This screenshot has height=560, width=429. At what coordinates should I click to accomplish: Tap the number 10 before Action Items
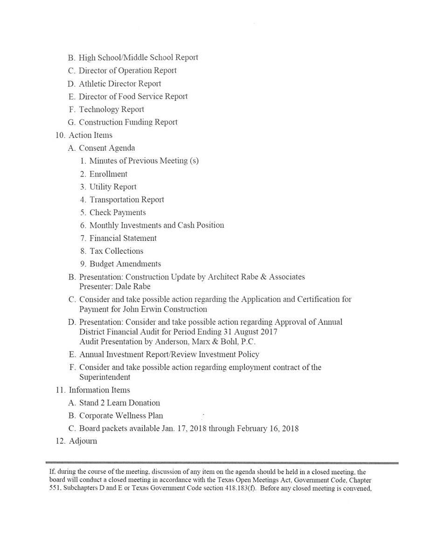[60, 135]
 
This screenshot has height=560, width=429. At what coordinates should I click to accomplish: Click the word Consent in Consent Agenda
[92, 148]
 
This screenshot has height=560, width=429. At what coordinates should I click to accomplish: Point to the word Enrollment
[108, 174]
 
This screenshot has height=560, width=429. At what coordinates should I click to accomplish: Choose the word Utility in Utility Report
[100, 187]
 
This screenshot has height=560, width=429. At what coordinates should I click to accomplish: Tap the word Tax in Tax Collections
[96, 251]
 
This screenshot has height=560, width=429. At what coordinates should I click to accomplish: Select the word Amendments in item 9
[138, 264]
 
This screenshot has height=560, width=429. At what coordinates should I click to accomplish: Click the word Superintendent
[104, 377]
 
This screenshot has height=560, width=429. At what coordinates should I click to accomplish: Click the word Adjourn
[83, 441]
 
